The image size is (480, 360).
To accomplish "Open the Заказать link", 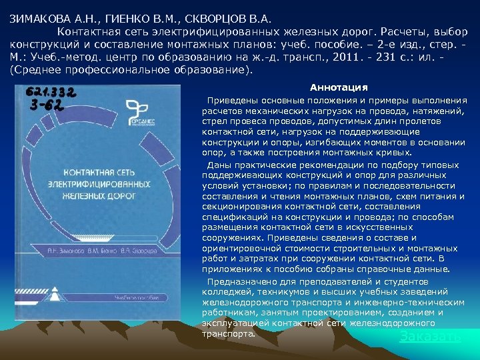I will pos(429,337).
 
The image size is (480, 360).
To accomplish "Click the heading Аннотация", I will pos(339,88).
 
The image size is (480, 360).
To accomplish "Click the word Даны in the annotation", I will pos(218,164).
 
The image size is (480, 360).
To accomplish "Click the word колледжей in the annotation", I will pos(225,291).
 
